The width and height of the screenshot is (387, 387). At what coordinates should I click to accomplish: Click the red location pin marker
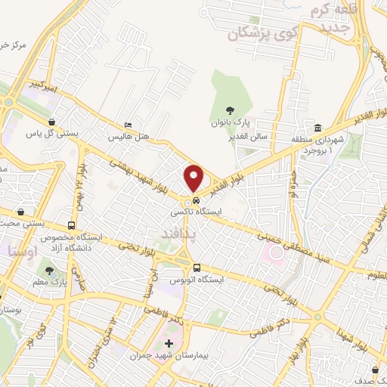(x=194, y=178)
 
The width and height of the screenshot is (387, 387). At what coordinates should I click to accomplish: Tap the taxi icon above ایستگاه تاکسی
(x=197, y=201)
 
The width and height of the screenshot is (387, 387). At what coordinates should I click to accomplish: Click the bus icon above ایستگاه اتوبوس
(x=197, y=268)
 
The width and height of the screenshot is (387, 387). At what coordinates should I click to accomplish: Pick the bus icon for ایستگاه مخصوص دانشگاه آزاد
(x=72, y=225)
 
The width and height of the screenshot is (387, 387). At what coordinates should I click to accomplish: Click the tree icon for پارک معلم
(x=50, y=270)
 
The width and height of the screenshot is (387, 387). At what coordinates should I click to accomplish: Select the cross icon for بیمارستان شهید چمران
(x=168, y=343)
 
